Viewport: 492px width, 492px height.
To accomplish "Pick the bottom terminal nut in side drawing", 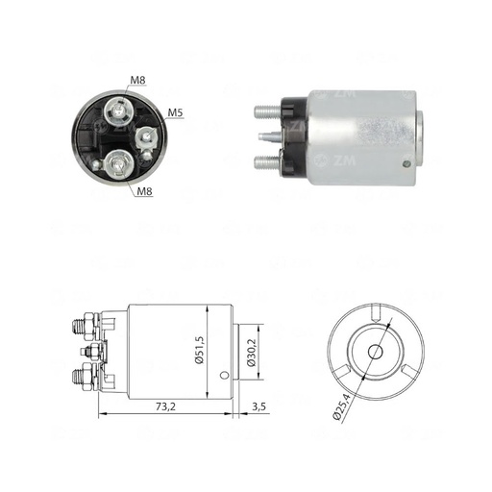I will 88,373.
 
